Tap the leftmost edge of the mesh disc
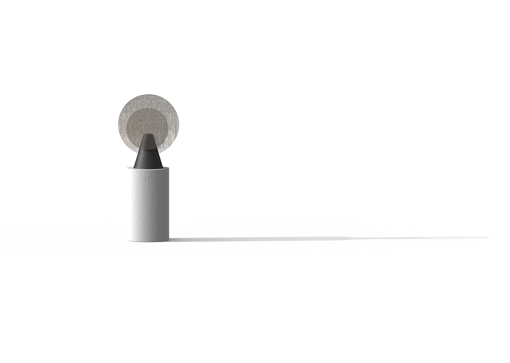point(118,123)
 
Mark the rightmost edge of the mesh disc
point(180,123)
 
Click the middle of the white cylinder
point(148,204)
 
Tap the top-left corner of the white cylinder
point(127,168)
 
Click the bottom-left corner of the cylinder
point(127,238)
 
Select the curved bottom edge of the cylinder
point(148,241)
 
